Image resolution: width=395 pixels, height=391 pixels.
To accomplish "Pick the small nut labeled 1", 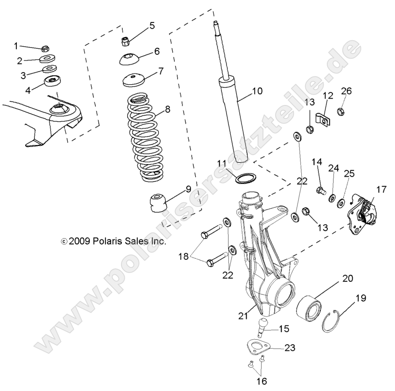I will (x=46, y=47).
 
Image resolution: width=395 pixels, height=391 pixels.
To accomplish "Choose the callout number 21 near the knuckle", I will (x=243, y=316).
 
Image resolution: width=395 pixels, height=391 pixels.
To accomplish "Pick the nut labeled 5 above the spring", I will (x=125, y=41).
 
